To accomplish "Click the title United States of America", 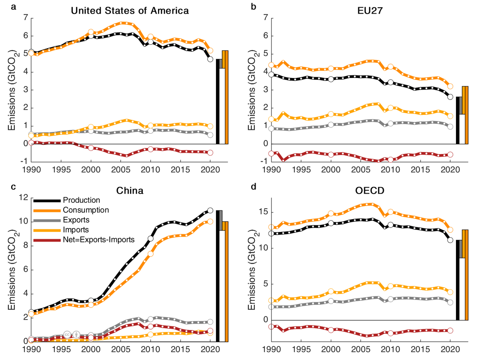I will [130, 11].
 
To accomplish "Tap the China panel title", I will [130, 191].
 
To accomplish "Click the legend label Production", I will [81, 200].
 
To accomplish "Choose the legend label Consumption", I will [86, 210].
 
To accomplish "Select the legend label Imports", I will [76, 229].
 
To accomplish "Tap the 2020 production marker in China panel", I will [210, 210].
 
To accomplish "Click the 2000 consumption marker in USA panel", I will [91, 32].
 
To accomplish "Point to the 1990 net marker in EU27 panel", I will [271, 153].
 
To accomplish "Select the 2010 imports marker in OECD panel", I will [390, 286].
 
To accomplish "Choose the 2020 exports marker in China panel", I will [210, 322].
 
